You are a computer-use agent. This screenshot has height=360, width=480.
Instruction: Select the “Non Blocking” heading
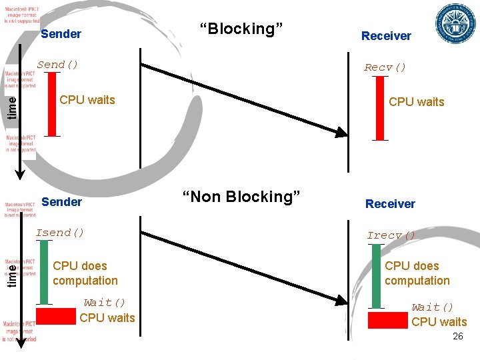coord(241,197)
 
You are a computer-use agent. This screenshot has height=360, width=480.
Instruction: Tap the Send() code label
coord(57,65)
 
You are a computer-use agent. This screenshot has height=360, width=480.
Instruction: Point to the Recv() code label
coord(385,67)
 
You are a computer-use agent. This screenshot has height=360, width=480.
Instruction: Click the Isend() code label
coord(60,233)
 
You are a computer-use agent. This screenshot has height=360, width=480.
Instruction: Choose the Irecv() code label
coord(391,235)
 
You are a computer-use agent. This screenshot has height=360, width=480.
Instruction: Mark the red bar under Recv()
coord(380,108)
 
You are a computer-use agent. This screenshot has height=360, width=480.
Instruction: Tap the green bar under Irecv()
coord(376,276)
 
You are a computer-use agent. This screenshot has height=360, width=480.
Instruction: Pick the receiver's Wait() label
coord(432,307)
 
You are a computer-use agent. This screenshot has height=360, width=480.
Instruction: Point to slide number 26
coord(457,337)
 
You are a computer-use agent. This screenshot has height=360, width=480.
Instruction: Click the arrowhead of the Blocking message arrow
coord(342,133)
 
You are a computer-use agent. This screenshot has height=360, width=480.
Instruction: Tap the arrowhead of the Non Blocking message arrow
coord(342,301)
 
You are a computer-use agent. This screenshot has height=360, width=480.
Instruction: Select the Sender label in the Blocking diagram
coord(61,34)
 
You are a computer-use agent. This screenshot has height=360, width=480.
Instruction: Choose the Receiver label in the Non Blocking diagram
coord(390,204)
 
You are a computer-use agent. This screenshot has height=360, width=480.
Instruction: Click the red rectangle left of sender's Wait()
coord(55,316)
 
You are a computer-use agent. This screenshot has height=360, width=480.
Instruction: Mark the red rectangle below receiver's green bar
coord(387,321)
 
